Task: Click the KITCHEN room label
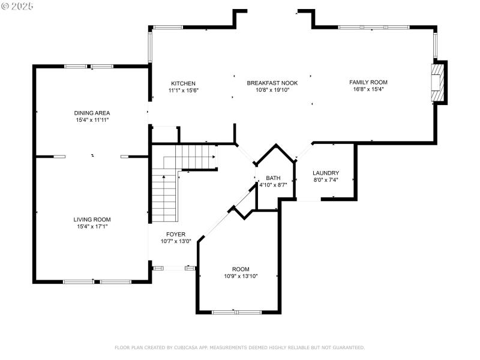coord(183,83)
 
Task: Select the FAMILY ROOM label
coord(368,82)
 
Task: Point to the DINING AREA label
coord(92,113)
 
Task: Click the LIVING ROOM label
coord(92,220)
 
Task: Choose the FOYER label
coord(176,234)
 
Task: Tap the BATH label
coord(273,178)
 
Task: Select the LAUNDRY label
coord(326,173)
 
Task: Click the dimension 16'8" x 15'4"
coord(368,89)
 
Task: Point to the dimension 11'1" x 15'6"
coord(183,91)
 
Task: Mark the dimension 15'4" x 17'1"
coord(92,227)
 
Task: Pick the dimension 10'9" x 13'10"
coord(241,276)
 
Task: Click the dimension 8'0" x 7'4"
coord(326,180)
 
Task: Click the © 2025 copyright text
coord(18,5)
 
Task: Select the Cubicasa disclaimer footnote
coord(239,347)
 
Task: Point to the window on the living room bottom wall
coord(97,281)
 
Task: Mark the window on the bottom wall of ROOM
coord(236,312)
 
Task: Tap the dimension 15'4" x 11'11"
coord(92,120)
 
